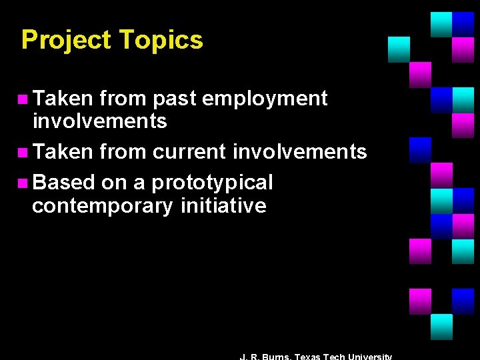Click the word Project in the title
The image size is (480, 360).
click(x=66, y=40)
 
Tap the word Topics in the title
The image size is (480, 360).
click(x=161, y=40)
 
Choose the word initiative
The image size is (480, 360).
click(x=223, y=205)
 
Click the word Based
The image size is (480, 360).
click(x=63, y=182)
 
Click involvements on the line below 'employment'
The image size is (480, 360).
click(x=99, y=121)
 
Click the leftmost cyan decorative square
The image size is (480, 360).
click(x=399, y=49)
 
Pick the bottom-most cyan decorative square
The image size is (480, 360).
click(x=441, y=327)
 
